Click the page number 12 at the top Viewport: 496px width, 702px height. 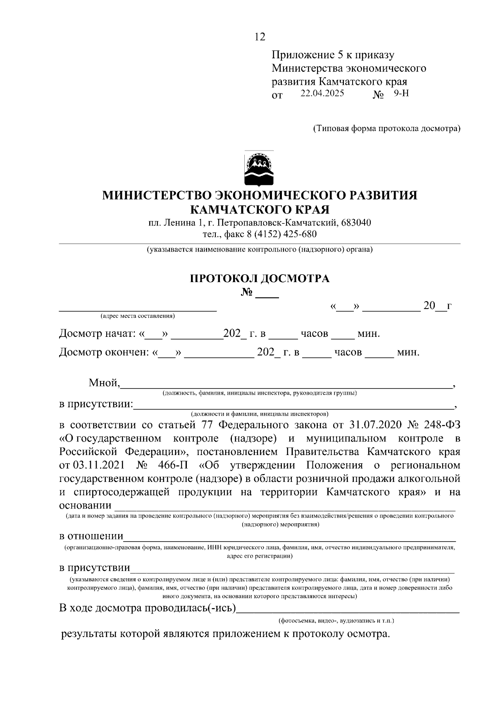point(260,37)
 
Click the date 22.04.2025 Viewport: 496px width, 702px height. point(322,93)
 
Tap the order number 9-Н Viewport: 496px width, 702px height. point(401,93)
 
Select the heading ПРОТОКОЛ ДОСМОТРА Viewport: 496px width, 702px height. point(260,278)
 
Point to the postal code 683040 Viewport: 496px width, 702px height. point(356,223)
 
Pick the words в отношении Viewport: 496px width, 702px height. point(91,537)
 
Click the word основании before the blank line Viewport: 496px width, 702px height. point(86,506)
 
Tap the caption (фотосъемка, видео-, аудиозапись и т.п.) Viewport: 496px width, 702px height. point(336,621)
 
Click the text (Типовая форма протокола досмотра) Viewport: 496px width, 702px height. point(386,128)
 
